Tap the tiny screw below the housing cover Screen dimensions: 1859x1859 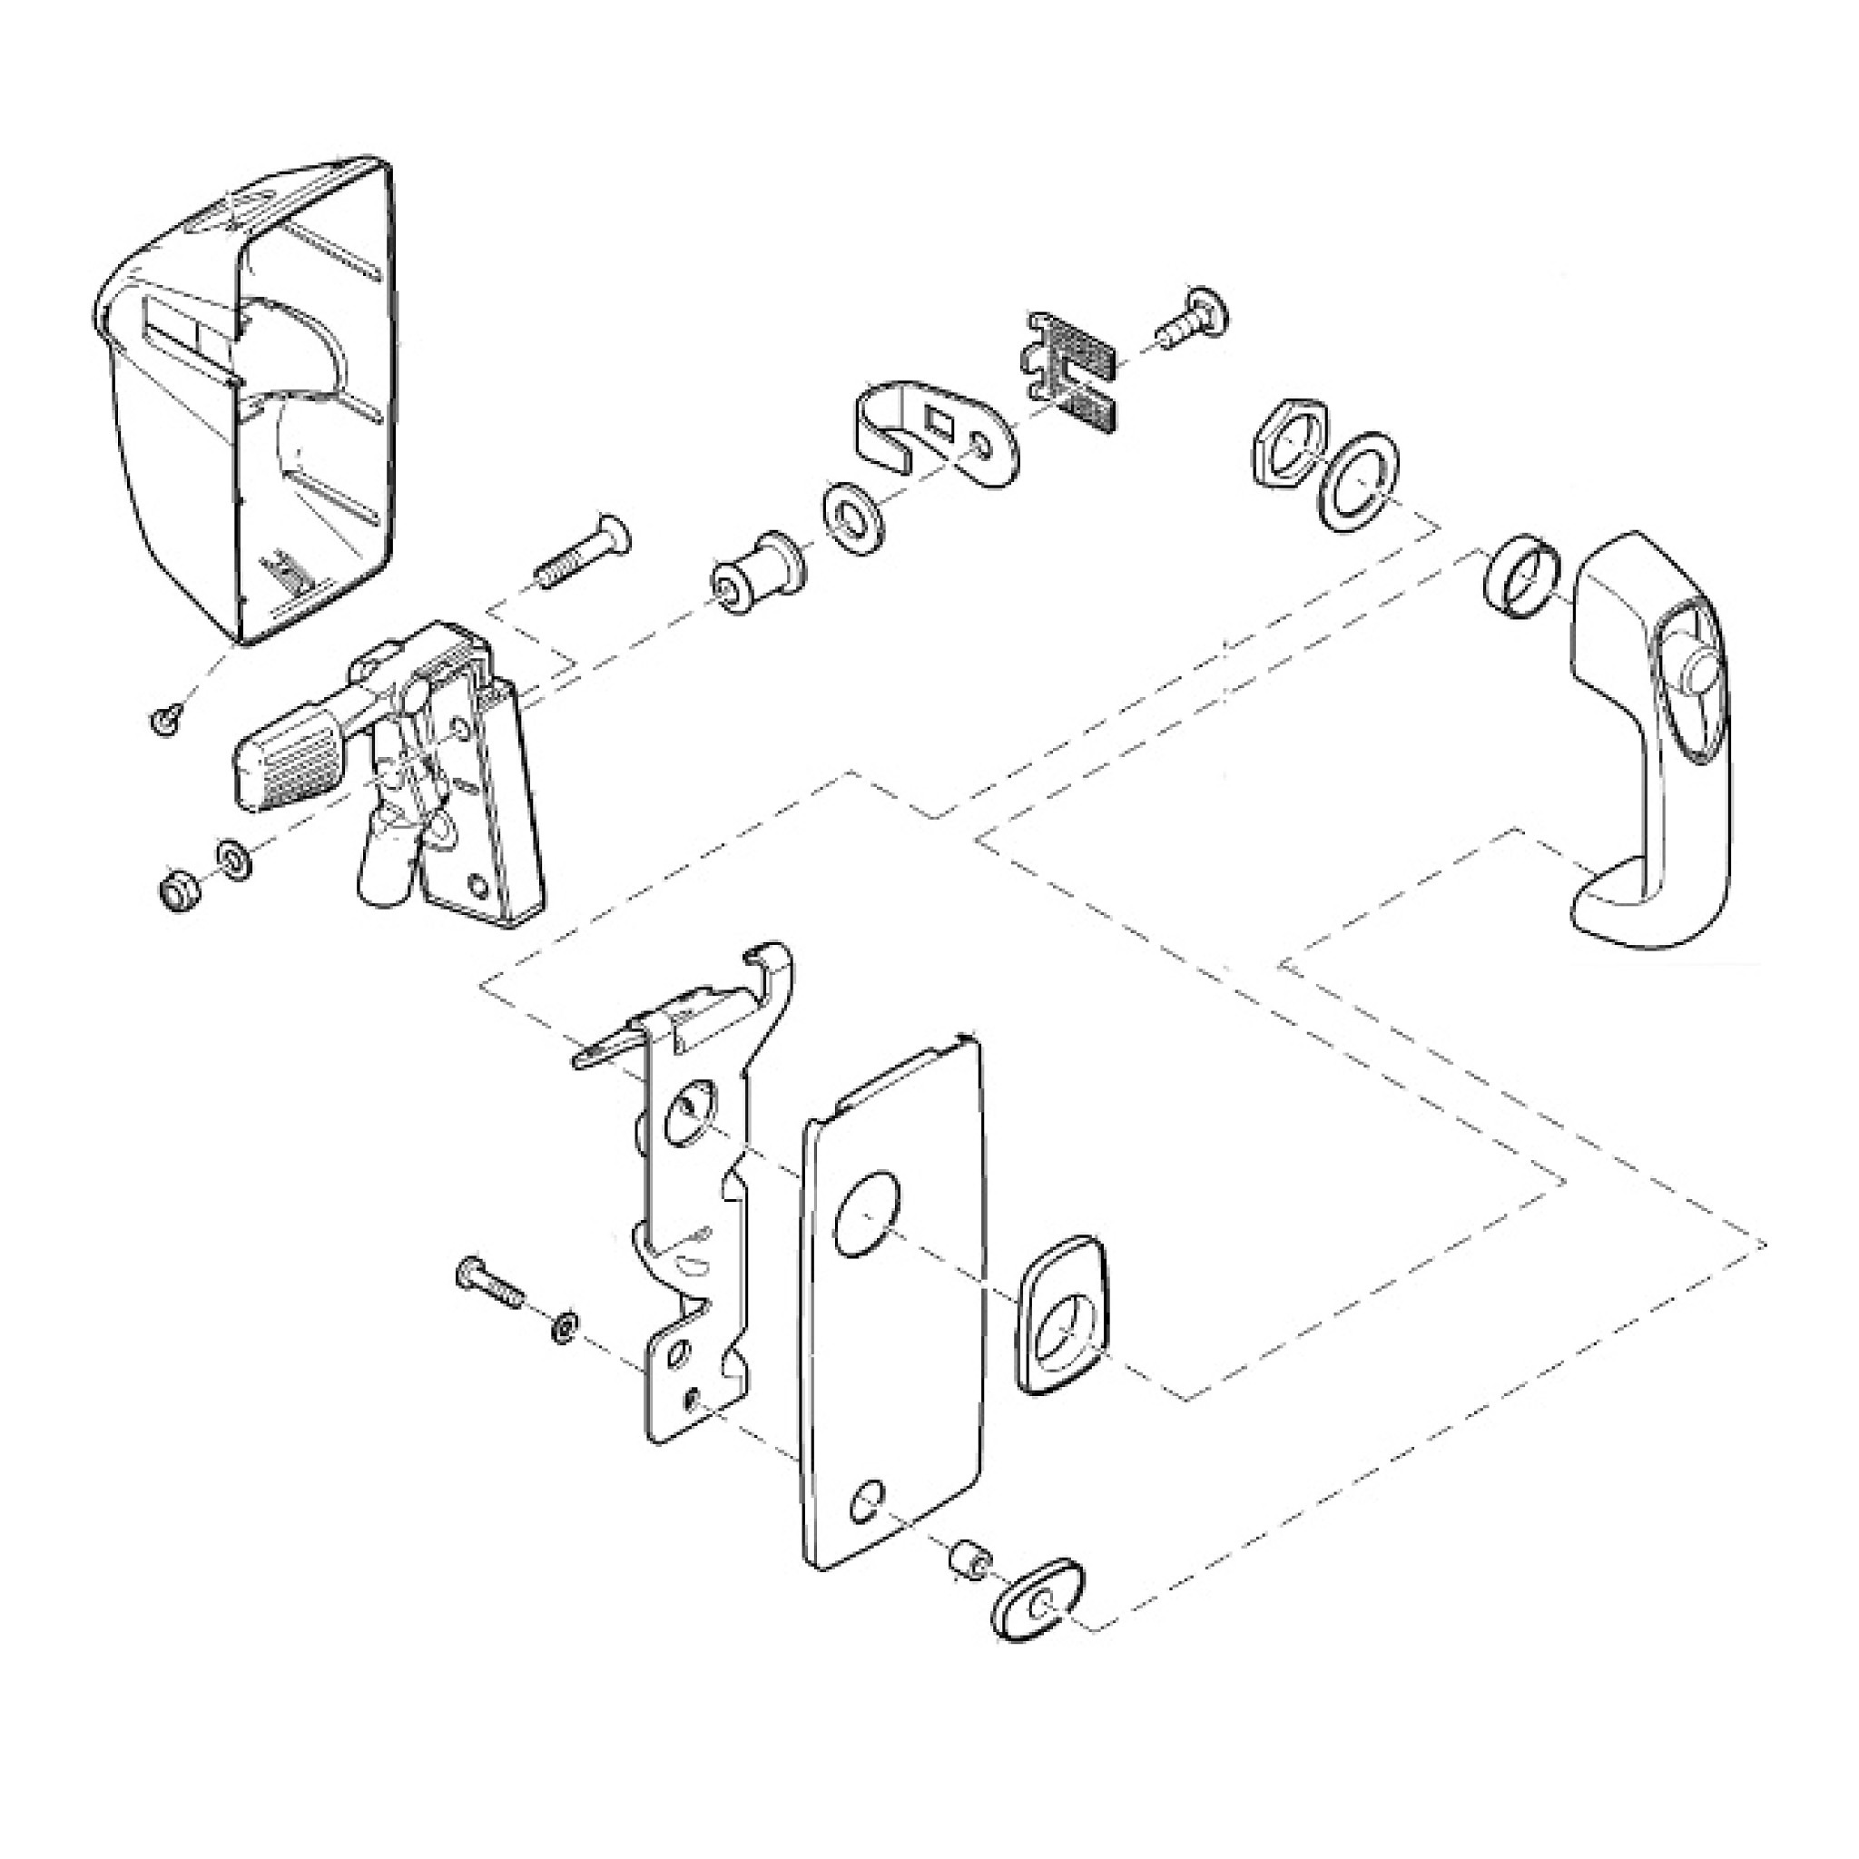click(166, 719)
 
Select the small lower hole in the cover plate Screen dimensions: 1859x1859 click(868, 1502)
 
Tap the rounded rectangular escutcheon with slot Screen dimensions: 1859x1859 click(1060, 1314)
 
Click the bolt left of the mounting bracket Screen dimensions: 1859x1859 click(490, 1284)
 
